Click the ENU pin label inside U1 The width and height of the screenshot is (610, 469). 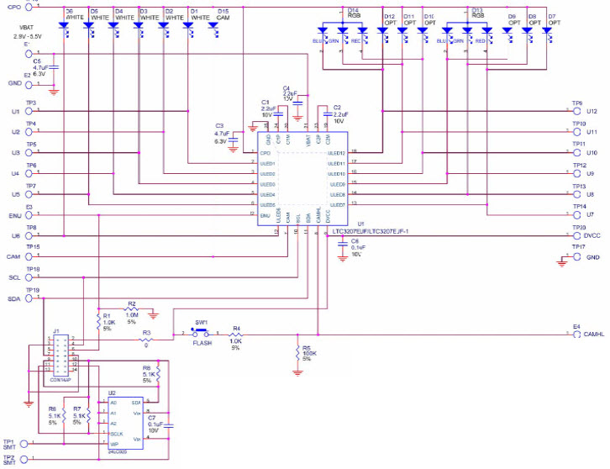point(266,215)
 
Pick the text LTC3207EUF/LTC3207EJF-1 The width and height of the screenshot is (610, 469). point(370,229)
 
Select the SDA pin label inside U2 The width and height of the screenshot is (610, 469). point(136,403)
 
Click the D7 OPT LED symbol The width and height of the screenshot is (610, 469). point(548,31)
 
